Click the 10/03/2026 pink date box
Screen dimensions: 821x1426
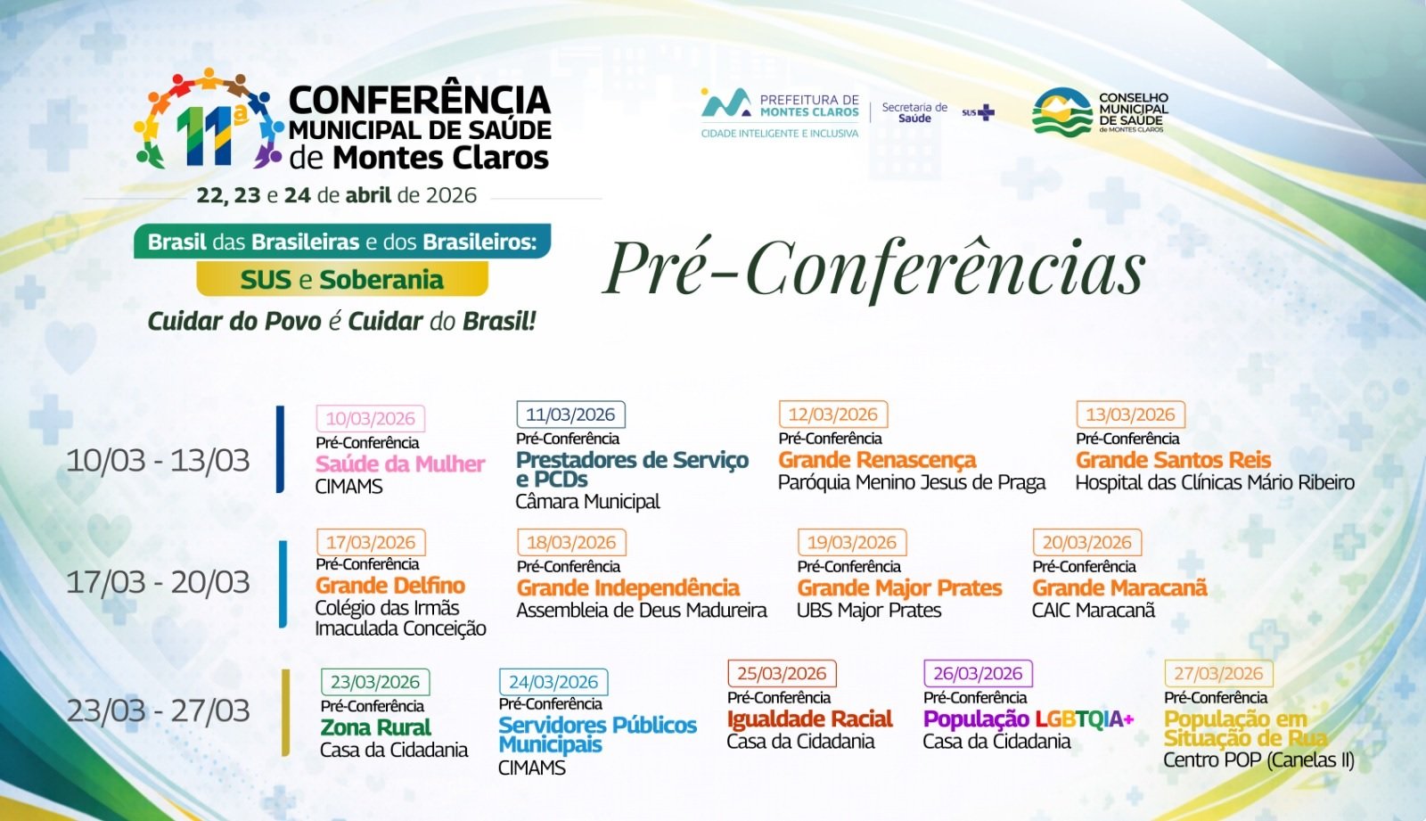pyautogui.click(x=370, y=418)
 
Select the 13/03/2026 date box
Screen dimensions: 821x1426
pyautogui.click(x=1130, y=415)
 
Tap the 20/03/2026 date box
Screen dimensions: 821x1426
pyautogui.click(x=1086, y=543)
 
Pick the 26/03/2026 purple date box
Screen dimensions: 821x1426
pyautogui.click(x=978, y=674)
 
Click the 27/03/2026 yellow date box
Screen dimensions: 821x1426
pyautogui.click(x=1218, y=674)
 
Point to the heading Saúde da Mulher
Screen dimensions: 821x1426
pyautogui.click(x=400, y=464)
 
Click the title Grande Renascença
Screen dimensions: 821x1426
pyautogui.click(x=877, y=460)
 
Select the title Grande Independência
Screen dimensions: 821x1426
pyautogui.click(x=628, y=588)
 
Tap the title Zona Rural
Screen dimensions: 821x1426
pyautogui.click(x=375, y=727)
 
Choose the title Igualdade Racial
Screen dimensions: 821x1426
pyautogui.click(x=809, y=719)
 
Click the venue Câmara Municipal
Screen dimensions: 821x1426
pyautogui.click(x=587, y=502)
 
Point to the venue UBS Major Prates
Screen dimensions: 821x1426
pyautogui.click(x=869, y=611)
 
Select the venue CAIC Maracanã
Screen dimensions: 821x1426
pyautogui.click(x=1094, y=611)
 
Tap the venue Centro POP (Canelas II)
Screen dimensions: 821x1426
pyautogui.click(x=1258, y=760)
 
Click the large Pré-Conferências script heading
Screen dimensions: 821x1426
pyautogui.click(x=874, y=268)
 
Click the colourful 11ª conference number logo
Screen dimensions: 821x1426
pyautogui.click(x=205, y=120)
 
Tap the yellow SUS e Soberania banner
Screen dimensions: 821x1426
pyautogui.click(x=342, y=280)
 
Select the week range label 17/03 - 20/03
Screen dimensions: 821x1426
pyautogui.click(x=158, y=582)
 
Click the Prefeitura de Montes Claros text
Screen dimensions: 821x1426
pyautogui.click(x=808, y=106)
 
